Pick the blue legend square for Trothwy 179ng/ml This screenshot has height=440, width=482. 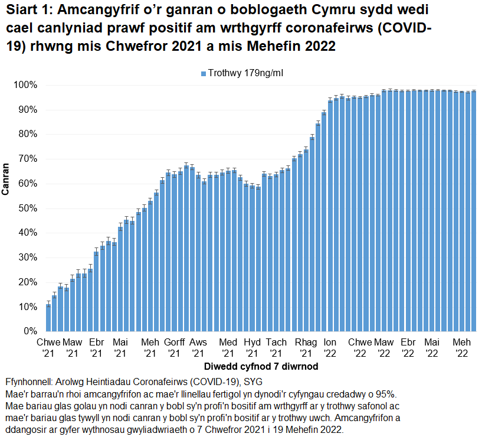click(x=203, y=73)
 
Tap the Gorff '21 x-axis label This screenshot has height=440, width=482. click(x=174, y=348)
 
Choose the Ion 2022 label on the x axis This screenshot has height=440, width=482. click(x=330, y=348)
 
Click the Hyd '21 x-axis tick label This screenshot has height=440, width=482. click(x=252, y=348)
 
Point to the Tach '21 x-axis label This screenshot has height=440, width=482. click(x=276, y=348)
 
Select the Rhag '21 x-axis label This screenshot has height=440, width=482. click(x=306, y=348)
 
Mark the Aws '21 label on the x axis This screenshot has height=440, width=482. click(x=198, y=348)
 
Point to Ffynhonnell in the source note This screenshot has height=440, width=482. click(x=28, y=381)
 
